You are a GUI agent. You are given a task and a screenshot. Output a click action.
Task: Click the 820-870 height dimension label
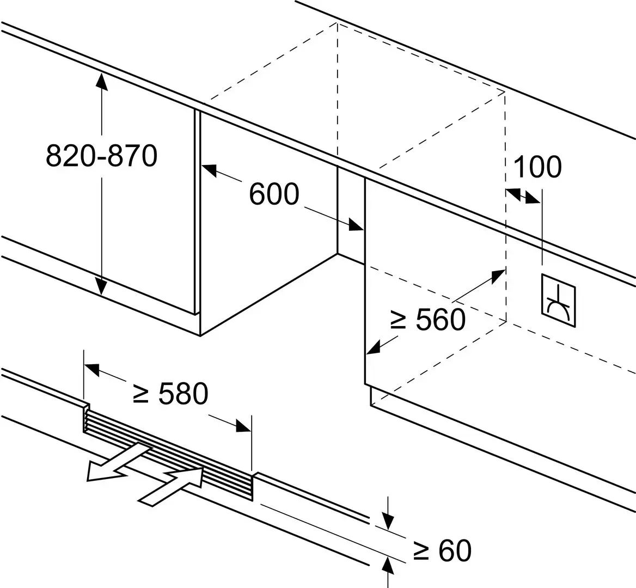coord(101,156)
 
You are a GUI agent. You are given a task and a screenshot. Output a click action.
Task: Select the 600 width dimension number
coord(274,194)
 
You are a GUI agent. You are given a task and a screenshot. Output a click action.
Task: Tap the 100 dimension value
coord(537,167)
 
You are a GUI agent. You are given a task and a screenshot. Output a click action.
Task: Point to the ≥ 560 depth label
coord(428,320)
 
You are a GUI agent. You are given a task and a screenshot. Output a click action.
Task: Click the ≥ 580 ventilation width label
coord(170,394)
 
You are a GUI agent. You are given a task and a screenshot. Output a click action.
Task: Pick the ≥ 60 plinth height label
coord(442,551)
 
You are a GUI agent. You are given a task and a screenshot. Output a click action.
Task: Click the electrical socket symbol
coord(558,302)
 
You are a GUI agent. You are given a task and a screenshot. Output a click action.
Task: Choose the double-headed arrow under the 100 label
coord(523,195)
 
